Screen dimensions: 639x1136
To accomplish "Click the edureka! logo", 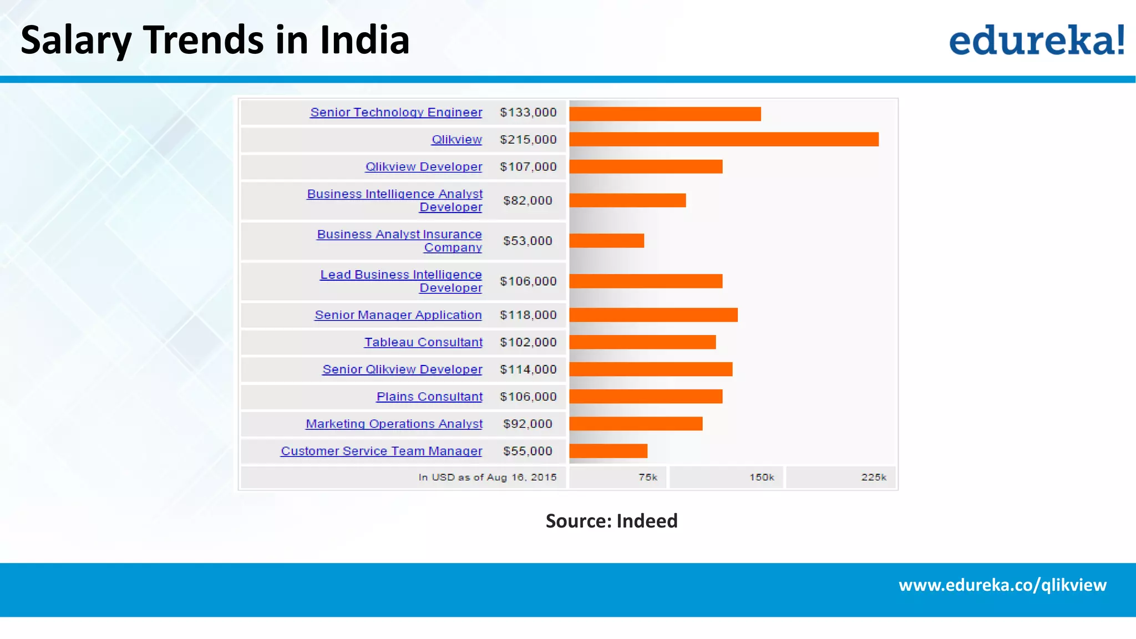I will [1036, 40].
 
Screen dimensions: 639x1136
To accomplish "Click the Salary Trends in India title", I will [215, 40].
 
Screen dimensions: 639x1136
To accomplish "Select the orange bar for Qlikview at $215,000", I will [723, 139].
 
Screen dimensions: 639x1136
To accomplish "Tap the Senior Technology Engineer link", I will [396, 112].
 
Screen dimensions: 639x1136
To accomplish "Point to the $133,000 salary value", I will [528, 112].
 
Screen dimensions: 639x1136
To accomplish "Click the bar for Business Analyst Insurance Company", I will [606, 240].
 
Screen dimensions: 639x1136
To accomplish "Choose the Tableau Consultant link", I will [423, 342].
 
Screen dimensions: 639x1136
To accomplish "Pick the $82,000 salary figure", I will [528, 200].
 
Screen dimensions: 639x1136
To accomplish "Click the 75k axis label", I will [647, 477].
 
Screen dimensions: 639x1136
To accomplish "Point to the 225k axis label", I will [874, 477].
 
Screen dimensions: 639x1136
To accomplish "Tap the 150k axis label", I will [762, 477].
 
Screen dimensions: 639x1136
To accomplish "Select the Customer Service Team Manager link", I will [382, 451].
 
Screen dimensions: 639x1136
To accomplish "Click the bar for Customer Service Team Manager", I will [608, 451].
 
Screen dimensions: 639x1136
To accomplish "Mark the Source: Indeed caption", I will [611, 521].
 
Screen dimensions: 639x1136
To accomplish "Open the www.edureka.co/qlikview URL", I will [1002, 585].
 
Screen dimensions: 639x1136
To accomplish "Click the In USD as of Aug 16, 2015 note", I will [487, 477].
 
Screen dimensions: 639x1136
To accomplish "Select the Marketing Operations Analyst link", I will [394, 424].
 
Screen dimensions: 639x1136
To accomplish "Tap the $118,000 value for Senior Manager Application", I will [528, 315].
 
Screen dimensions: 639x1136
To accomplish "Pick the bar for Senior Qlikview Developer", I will [651, 369].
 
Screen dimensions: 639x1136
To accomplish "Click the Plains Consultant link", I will [429, 397].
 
